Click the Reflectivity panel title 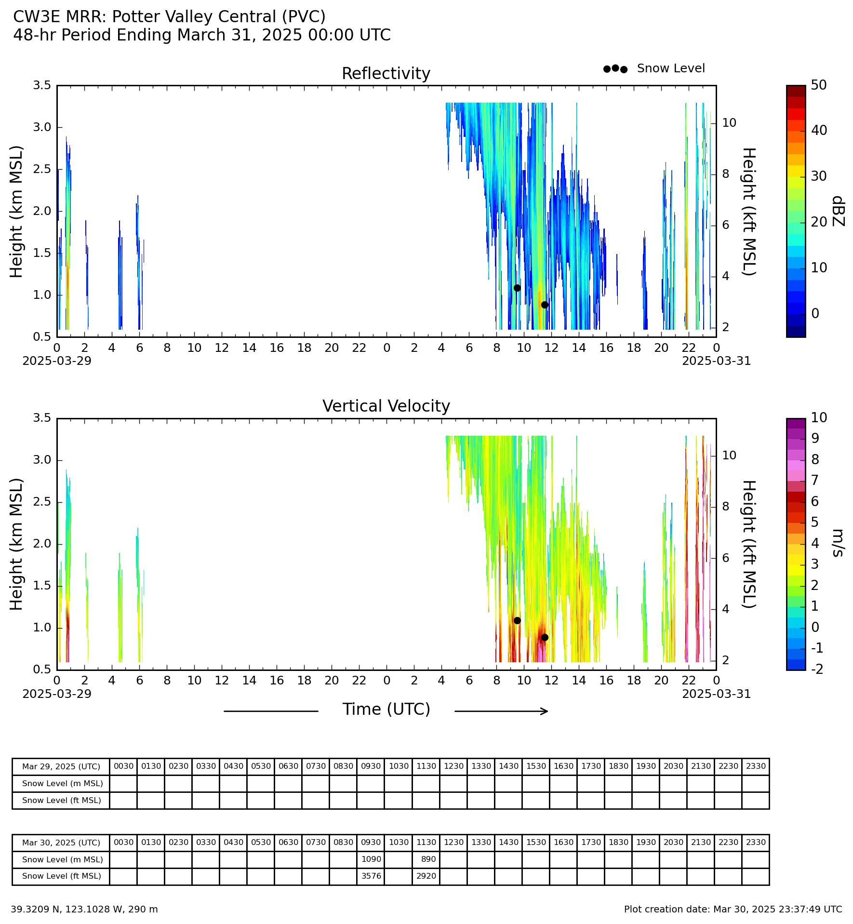click(x=386, y=74)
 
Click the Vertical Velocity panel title click(x=386, y=406)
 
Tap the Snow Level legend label click(x=671, y=68)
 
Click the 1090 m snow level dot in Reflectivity click(x=517, y=288)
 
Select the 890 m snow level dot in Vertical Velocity click(x=545, y=637)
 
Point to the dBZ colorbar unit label click(x=838, y=211)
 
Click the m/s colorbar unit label click(x=838, y=543)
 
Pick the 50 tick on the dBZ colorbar click(x=819, y=85)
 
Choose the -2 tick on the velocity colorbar click(x=817, y=669)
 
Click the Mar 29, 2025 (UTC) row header click(x=61, y=766)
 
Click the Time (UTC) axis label click(x=386, y=710)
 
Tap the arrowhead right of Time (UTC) click(x=545, y=711)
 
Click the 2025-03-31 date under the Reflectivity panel click(x=716, y=361)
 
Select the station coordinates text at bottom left click(x=84, y=910)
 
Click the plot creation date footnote click(x=733, y=910)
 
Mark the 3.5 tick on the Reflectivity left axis click(x=42, y=85)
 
